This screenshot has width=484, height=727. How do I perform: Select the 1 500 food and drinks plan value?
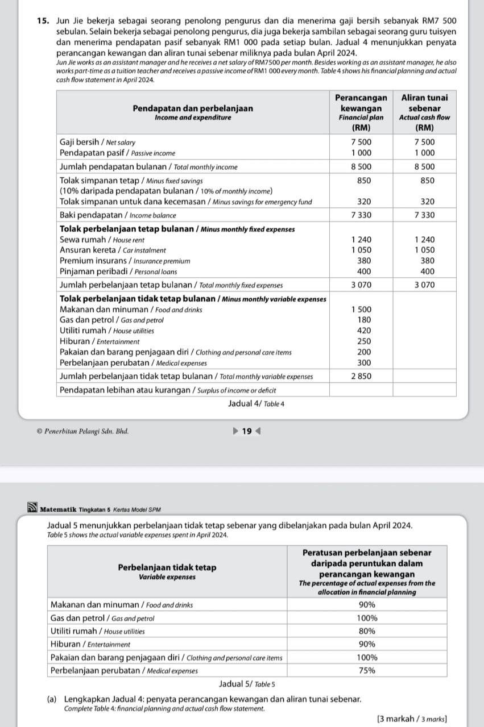[x=361, y=309]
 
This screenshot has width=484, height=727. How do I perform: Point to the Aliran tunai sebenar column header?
[x=425, y=107]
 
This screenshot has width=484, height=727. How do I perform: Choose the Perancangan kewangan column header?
[x=361, y=107]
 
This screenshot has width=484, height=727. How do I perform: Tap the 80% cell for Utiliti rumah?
[x=367, y=631]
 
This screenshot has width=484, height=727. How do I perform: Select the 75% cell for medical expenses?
[x=367, y=670]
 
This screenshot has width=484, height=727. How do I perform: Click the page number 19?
[x=246, y=431]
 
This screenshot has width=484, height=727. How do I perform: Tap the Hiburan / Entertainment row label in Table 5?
[x=90, y=644]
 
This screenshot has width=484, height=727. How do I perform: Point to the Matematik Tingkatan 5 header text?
[x=101, y=509]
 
